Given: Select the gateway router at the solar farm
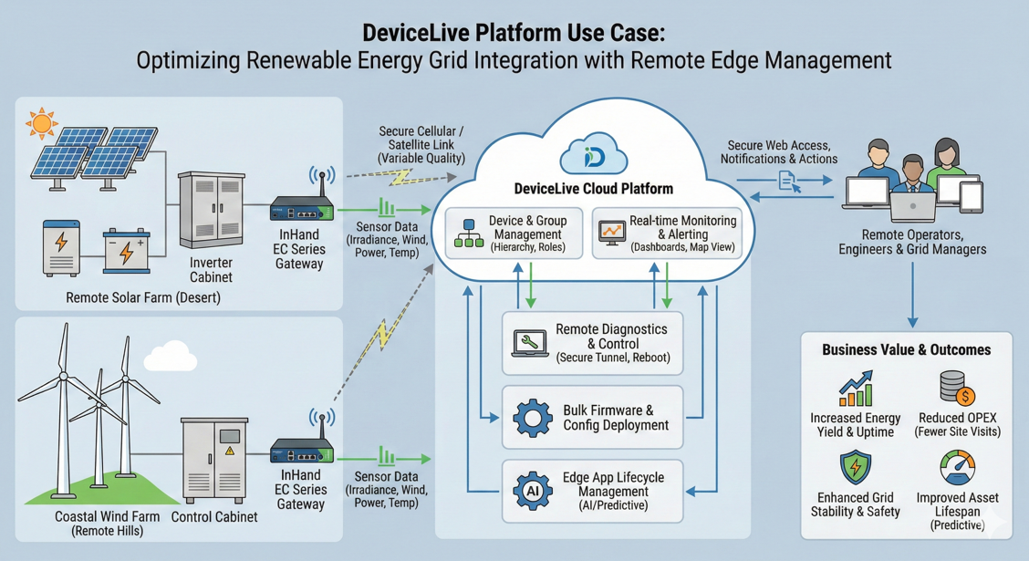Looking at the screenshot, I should [302, 208].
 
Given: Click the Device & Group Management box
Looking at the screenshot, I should [514, 234].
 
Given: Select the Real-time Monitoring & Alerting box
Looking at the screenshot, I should [667, 234].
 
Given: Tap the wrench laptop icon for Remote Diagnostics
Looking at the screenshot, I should [529, 343].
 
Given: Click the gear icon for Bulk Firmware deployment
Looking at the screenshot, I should [533, 418].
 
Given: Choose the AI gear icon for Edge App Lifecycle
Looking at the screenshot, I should [533, 491].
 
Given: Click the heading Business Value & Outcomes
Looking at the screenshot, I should [906, 349].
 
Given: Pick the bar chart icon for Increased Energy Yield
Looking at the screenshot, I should [857, 390].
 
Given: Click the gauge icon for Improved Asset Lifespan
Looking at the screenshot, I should [957, 469].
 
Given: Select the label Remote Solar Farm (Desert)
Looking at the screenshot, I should [143, 298].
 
